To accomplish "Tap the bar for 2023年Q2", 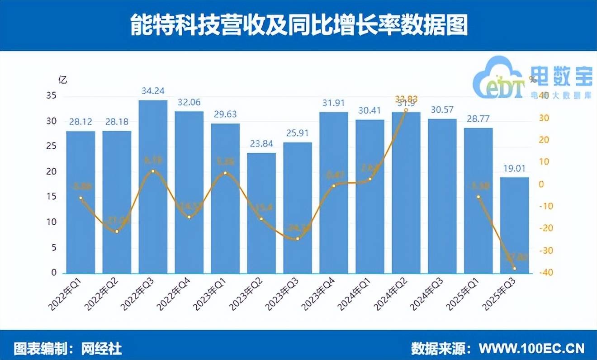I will pos(261,213).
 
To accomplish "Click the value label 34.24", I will pos(153,91).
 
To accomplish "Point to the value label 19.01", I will pos(514,169).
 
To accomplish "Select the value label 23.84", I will pos(261,144).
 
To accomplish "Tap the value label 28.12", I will pos(81,122).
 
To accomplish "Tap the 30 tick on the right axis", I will pos(542,118).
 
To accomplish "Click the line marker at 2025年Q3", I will pos(514,269).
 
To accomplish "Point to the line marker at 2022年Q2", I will pos(117,232).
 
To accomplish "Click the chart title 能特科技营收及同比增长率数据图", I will pos(298,25).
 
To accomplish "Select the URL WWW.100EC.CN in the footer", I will pos(531,348).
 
